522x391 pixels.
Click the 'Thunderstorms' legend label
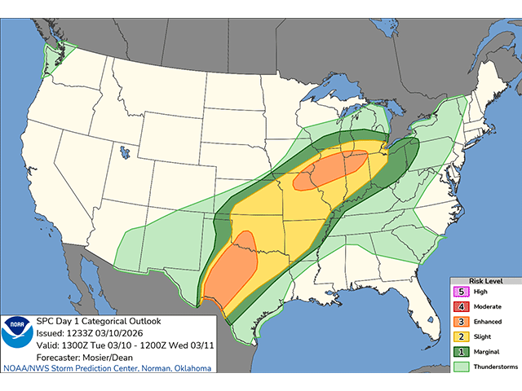[x=491, y=368]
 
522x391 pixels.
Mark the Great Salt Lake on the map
[x=124, y=152]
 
